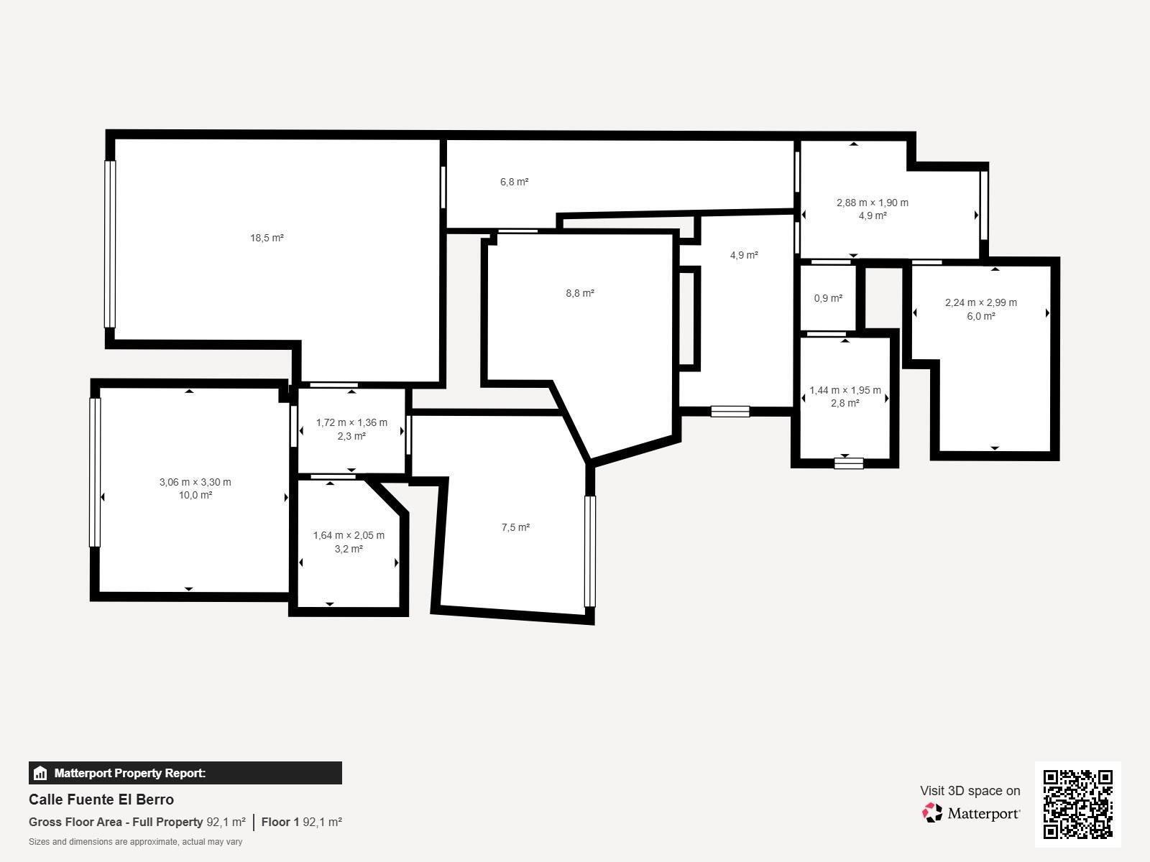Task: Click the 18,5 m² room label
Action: tap(267, 238)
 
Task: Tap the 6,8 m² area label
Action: tap(514, 182)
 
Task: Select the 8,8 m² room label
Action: tap(580, 294)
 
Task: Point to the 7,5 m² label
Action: tap(515, 527)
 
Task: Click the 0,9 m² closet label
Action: tap(828, 298)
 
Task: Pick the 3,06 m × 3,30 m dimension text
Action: tap(195, 482)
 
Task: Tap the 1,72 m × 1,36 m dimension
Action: tap(351, 422)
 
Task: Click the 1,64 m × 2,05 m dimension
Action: tap(349, 535)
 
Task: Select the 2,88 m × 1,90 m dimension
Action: tap(873, 203)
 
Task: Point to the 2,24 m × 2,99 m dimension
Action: tap(981, 302)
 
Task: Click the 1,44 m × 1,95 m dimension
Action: tap(845, 390)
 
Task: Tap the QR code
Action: tap(1077, 805)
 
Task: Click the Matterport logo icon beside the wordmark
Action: tap(932, 813)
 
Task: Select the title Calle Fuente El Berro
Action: tap(101, 800)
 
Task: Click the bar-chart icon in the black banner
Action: tap(40, 773)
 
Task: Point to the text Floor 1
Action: tap(280, 822)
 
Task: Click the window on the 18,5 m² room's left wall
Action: tap(109, 244)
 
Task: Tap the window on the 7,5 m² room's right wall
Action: tap(590, 551)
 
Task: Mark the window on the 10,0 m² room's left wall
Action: tap(95, 473)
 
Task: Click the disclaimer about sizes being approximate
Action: tap(135, 842)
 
